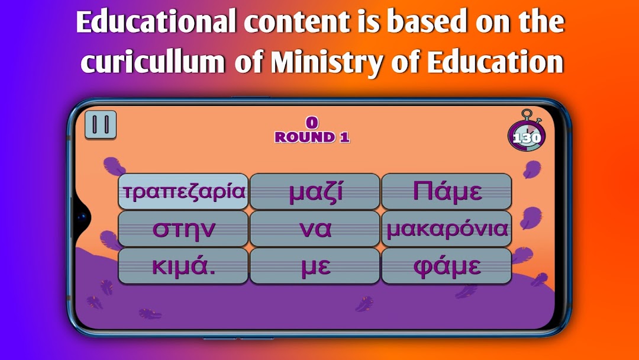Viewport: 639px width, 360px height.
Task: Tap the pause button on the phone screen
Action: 101,124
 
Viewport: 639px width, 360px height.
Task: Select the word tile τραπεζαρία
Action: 183,191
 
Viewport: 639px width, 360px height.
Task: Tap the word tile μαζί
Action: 315,191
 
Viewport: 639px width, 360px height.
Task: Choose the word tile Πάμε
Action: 447,191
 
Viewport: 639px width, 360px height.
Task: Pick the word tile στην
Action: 183,229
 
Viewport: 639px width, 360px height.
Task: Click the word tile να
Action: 315,229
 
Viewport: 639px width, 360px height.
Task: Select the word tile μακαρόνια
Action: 447,229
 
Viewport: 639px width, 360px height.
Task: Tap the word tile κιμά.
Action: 183,266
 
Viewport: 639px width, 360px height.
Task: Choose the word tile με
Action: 315,266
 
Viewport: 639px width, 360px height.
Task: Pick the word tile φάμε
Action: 447,266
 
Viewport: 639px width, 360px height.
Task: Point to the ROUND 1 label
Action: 312,137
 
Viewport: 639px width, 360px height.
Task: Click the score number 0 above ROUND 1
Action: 312,123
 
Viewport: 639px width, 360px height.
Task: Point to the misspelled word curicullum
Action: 153,62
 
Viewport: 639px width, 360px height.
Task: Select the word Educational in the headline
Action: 156,21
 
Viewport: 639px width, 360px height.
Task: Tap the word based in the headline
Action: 427,21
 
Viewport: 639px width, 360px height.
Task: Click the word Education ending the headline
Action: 495,62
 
